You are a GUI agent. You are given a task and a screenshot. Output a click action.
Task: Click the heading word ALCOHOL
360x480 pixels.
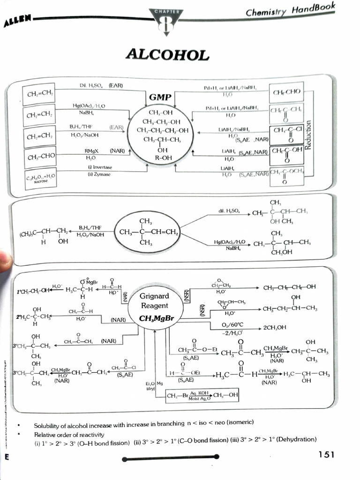click(167, 55)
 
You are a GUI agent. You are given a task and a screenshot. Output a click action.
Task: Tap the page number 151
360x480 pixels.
click(326, 454)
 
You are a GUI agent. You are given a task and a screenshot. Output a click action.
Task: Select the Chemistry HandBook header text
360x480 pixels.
click(291, 10)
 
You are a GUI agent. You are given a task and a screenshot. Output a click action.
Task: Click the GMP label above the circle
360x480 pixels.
click(160, 97)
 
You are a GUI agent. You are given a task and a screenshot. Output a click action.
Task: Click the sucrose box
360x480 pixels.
click(40, 179)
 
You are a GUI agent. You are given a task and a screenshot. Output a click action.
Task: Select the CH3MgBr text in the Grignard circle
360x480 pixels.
click(157, 319)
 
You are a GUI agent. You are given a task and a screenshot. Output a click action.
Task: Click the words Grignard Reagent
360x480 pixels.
click(155, 301)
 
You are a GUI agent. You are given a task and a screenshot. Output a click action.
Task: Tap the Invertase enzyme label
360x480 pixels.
click(100, 167)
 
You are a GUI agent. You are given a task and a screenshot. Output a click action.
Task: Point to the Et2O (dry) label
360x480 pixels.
click(150, 386)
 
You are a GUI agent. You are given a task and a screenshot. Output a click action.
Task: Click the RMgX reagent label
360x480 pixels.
click(91, 151)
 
